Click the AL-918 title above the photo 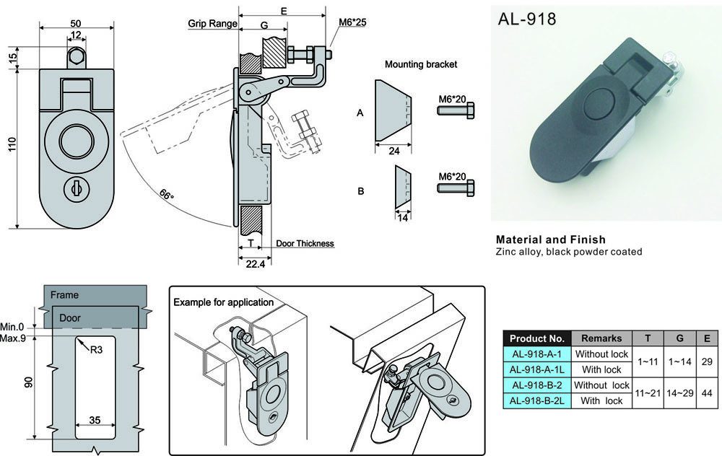tap(527, 19)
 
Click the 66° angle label tap(166, 195)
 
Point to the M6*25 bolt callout tap(352, 22)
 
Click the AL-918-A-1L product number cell tap(536, 370)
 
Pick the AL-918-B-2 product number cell tap(536, 385)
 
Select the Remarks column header tap(601, 338)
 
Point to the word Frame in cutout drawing tap(65, 295)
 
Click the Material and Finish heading tap(550, 240)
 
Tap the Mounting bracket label tap(421, 64)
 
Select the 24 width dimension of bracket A tap(393, 152)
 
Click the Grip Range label tap(213, 23)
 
